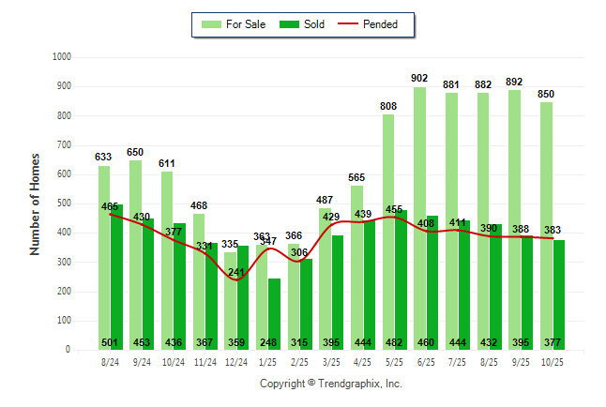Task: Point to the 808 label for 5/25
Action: (x=388, y=106)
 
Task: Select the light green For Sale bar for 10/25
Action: (x=546, y=225)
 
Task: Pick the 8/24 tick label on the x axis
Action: (x=110, y=362)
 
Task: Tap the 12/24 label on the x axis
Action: (x=235, y=362)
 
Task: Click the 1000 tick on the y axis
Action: (x=61, y=57)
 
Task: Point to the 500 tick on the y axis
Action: (x=64, y=203)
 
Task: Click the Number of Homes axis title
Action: (x=35, y=203)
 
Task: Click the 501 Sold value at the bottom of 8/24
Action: (x=110, y=341)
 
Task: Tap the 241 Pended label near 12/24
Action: (x=235, y=272)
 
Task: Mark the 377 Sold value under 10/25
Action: (x=553, y=341)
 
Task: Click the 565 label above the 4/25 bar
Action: (x=356, y=177)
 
